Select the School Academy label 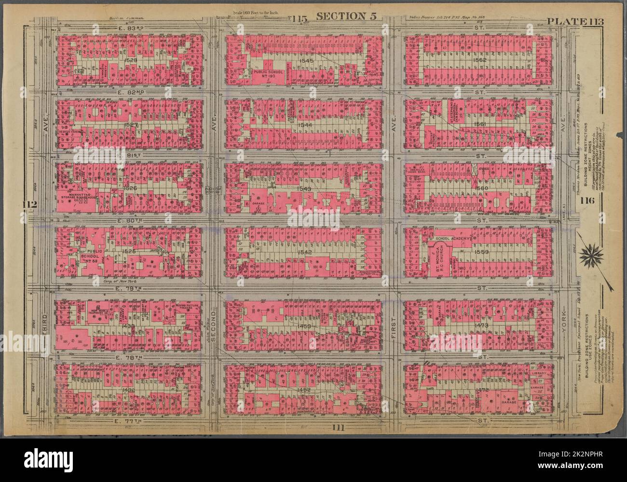coord(453,238)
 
